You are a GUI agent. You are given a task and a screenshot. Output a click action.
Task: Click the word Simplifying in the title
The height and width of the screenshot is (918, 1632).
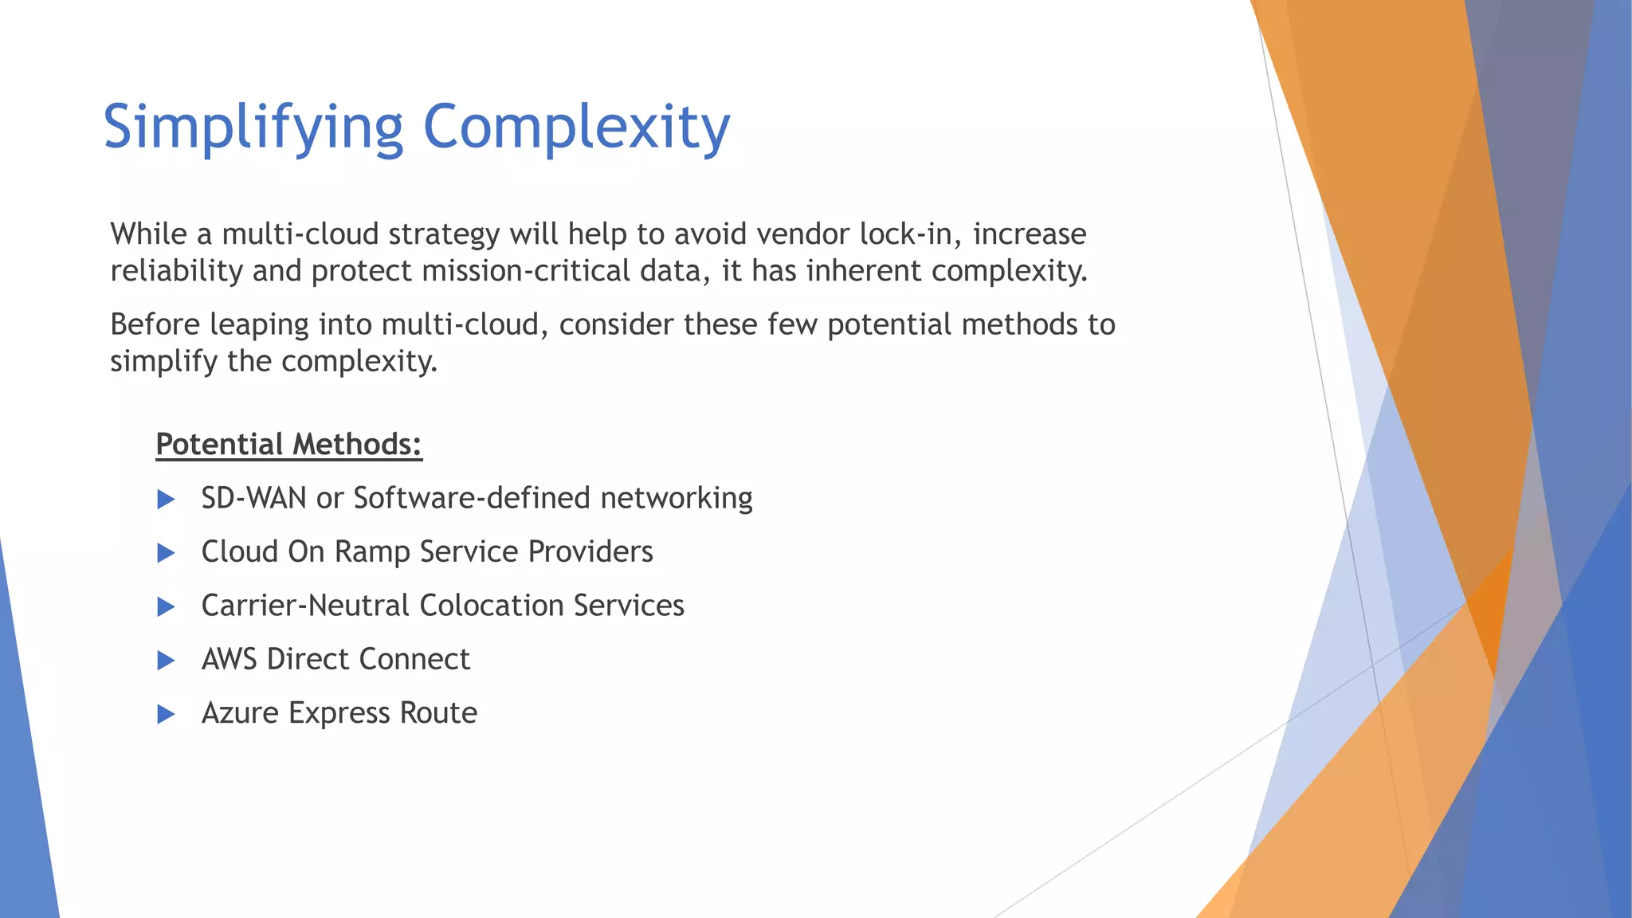pyautogui.click(x=253, y=127)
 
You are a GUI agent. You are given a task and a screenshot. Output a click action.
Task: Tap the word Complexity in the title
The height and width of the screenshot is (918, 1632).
pyautogui.click(x=576, y=127)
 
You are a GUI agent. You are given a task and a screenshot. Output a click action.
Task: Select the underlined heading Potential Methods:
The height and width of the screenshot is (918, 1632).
pyautogui.click(x=288, y=445)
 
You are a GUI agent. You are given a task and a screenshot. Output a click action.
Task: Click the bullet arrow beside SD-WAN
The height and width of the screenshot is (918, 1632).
pyautogui.click(x=166, y=500)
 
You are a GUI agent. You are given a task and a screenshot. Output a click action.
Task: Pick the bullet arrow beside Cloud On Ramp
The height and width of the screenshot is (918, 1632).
pyautogui.click(x=166, y=553)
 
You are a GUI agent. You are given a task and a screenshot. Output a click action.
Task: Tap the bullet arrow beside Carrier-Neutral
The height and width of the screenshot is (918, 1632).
pyautogui.click(x=166, y=607)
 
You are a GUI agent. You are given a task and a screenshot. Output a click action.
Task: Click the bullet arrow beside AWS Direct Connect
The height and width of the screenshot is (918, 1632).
pyautogui.click(x=166, y=661)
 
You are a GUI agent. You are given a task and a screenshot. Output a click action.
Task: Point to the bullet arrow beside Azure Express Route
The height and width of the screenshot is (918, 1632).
pyautogui.click(x=166, y=714)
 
